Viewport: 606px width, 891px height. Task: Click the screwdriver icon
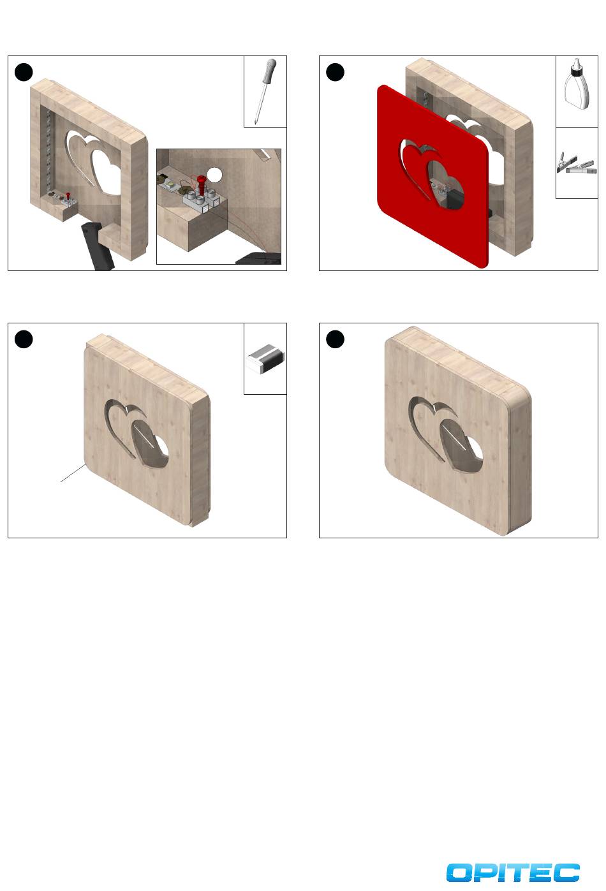click(265, 91)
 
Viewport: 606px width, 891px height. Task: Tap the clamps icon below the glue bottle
click(577, 163)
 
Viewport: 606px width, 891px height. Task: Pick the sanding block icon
click(265, 358)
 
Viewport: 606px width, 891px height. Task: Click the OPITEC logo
click(513, 873)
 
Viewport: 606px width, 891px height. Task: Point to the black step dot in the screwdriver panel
click(24, 73)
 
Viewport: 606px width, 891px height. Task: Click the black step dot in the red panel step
click(335, 73)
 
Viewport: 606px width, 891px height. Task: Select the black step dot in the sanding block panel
click(24, 339)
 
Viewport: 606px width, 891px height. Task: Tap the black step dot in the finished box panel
click(335, 339)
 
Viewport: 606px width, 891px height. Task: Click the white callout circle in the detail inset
click(215, 175)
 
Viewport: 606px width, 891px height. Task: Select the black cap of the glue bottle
click(576, 70)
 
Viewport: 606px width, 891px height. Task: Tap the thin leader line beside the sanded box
click(73, 473)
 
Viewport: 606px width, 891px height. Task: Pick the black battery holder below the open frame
click(97, 246)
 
